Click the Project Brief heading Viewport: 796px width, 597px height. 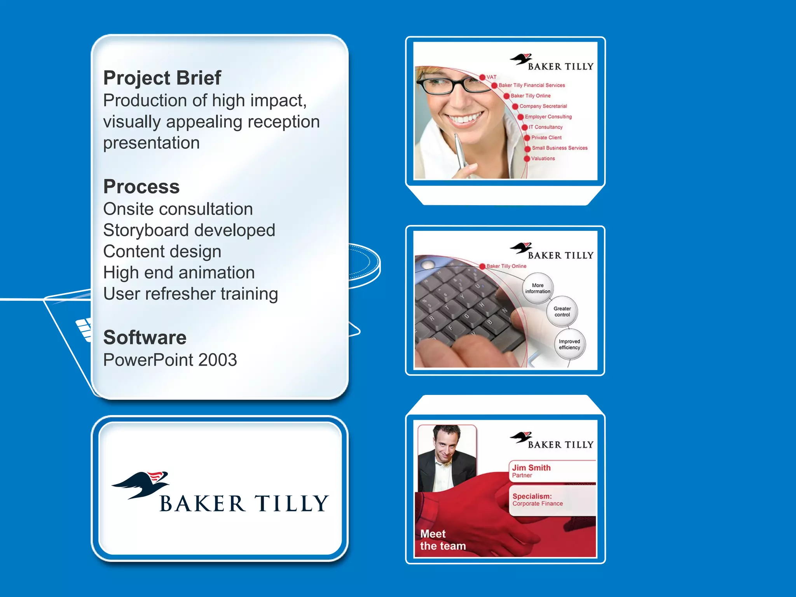tap(162, 78)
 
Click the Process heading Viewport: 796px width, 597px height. tap(141, 187)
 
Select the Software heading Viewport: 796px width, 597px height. tap(145, 337)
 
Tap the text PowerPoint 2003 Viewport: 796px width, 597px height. tap(170, 360)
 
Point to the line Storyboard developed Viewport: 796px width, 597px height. tap(189, 230)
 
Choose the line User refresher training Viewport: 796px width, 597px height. tap(190, 294)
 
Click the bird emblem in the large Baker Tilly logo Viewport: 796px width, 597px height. tap(142, 484)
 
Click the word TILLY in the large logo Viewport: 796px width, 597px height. tap(292, 504)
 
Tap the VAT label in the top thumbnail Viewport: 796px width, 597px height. tap(491, 77)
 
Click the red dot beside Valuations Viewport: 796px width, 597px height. tap(527, 159)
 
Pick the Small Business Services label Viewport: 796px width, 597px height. tap(559, 148)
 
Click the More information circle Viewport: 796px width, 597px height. tap(538, 288)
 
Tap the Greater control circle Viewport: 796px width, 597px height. tap(562, 312)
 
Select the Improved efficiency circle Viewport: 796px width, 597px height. tap(569, 344)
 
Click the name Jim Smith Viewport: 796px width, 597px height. tap(531, 468)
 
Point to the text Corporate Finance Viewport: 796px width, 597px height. tap(537, 504)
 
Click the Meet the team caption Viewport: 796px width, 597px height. tap(442, 540)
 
